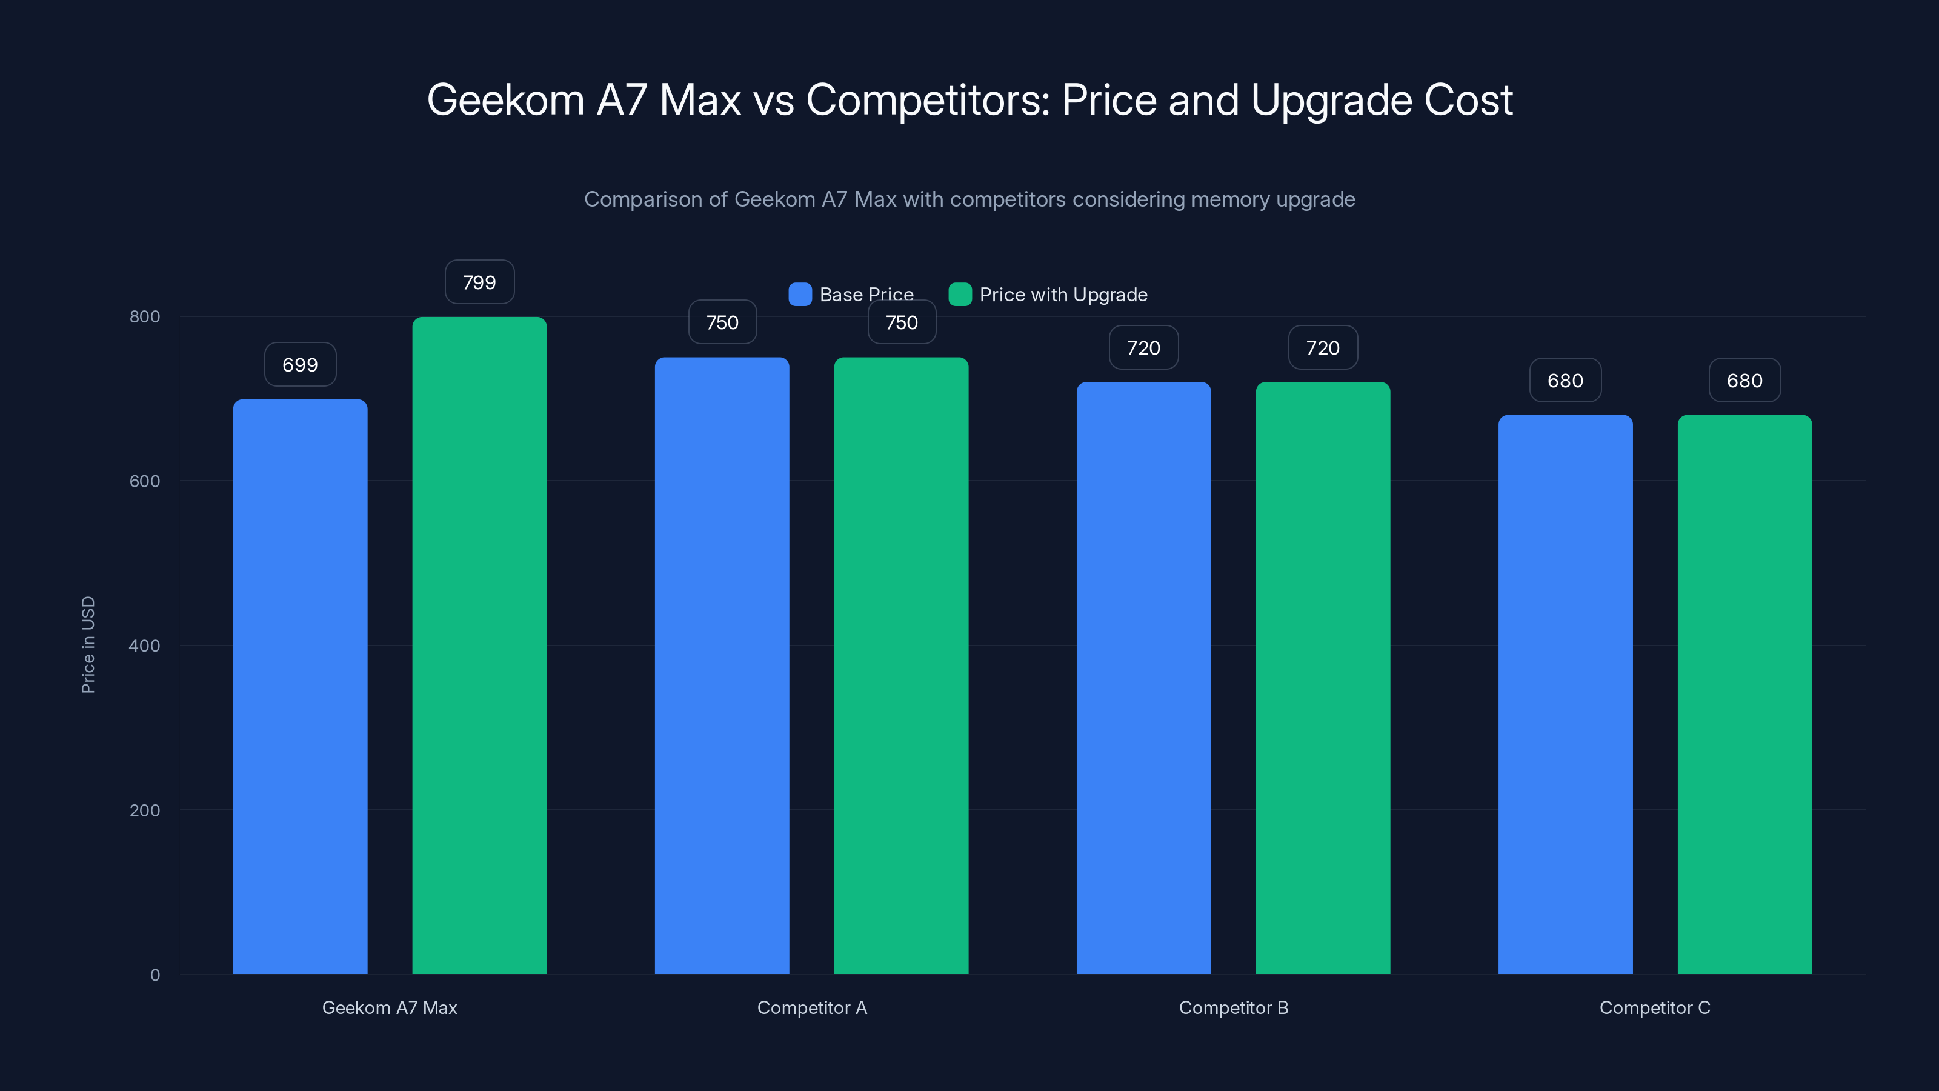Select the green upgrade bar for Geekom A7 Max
tap(479, 646)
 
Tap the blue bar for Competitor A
tap(722, 665)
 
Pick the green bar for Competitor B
tap(1323, 678)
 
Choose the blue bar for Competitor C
tap(1565, 693)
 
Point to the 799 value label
tap(479, 282)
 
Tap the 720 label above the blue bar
tap(1143, 348)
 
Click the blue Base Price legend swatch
tap(799, 295)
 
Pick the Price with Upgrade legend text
tap(1063, 295)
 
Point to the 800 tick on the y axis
tap(145, 316)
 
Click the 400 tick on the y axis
tap(145, 646)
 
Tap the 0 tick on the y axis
tap(155, 975)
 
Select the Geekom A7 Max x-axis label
tap(389, 1007)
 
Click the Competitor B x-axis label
tap(1233, 1007)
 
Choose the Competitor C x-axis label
tap(1654, 1007)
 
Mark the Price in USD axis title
tap(88, 644)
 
